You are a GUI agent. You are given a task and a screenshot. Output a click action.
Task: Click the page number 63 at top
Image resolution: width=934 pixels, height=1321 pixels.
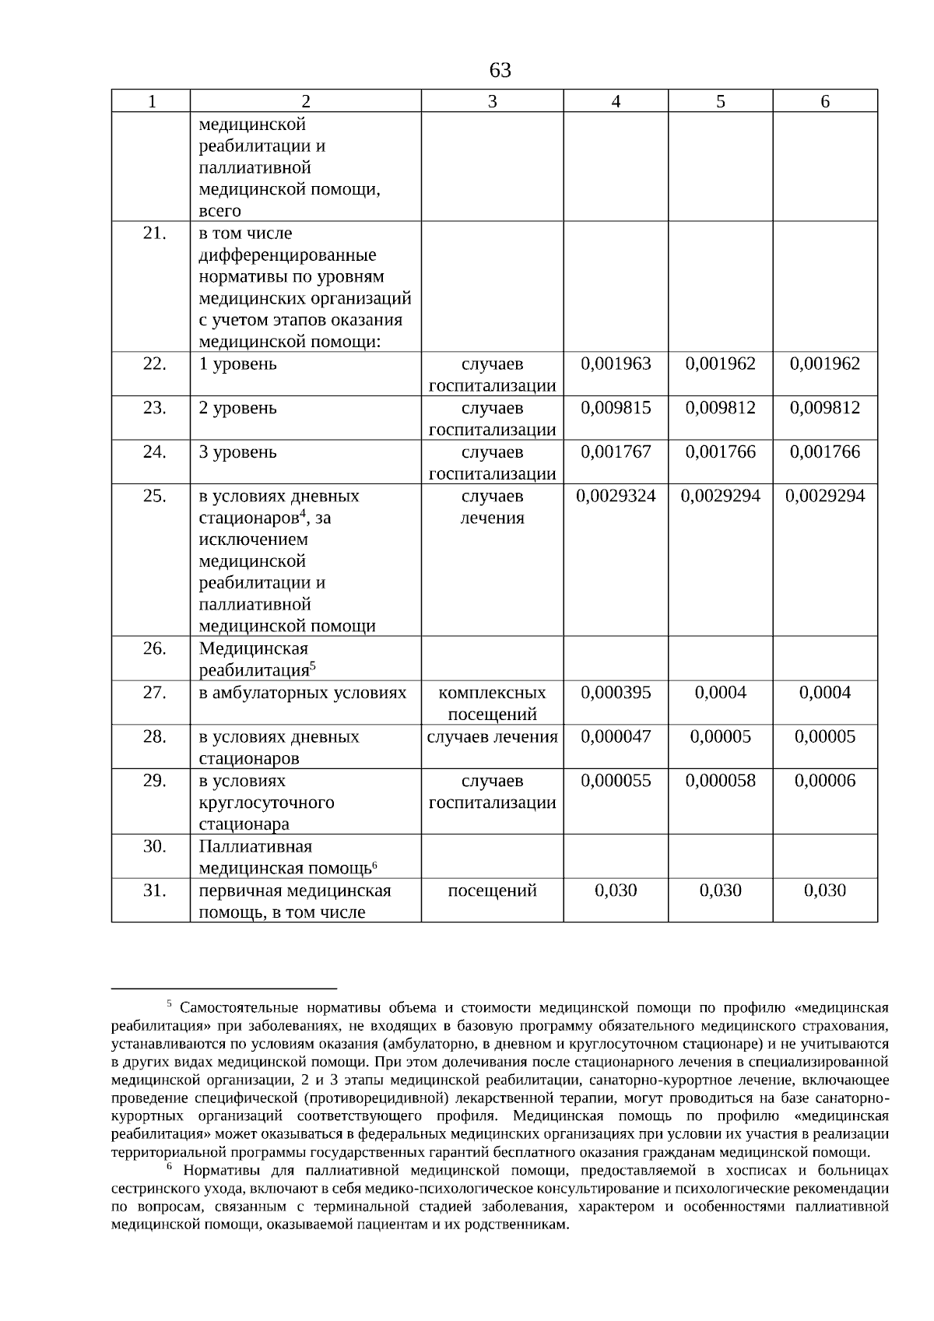(500, 71)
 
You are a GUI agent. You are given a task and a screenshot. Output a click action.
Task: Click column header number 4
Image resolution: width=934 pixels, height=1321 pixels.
(616, 101)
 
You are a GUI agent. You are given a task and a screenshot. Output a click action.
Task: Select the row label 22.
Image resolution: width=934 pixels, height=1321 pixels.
(154, 364)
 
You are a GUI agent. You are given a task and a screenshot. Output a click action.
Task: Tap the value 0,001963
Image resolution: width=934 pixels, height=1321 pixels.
(616, 364)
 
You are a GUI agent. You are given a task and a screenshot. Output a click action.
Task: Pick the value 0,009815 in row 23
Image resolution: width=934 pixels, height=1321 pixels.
(616, 408)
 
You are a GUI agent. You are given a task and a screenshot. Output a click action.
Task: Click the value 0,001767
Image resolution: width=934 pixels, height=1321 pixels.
(616, 452)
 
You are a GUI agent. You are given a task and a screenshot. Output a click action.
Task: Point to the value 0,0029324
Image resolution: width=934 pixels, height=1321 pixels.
(616, 496)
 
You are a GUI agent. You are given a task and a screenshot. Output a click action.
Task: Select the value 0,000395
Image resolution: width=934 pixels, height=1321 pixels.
(616, 692)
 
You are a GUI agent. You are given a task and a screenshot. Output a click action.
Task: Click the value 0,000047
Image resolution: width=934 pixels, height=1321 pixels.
(616, 736)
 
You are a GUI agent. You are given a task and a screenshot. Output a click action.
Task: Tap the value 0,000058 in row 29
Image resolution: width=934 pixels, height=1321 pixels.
(720, 781)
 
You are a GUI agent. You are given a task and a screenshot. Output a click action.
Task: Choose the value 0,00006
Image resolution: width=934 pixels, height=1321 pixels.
(824, 781)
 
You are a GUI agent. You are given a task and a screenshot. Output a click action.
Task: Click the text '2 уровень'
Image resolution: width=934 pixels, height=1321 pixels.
(237, 408)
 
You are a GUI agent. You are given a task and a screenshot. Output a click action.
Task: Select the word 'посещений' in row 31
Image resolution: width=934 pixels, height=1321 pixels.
(492, 891)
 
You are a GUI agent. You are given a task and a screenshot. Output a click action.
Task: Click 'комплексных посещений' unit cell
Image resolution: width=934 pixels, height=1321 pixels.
(492, 703)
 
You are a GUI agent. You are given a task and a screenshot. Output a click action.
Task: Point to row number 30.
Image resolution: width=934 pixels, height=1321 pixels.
(154, 846)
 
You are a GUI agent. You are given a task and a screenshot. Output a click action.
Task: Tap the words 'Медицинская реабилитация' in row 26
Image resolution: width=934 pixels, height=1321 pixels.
(254, 659)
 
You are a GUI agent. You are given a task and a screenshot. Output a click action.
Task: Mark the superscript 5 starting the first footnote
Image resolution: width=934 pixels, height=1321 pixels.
(169, 1003)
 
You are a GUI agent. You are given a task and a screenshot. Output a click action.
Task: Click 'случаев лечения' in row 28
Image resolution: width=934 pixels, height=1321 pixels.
(492, 736)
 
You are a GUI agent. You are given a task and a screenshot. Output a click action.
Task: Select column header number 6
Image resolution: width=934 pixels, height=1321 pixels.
(825, 101)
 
